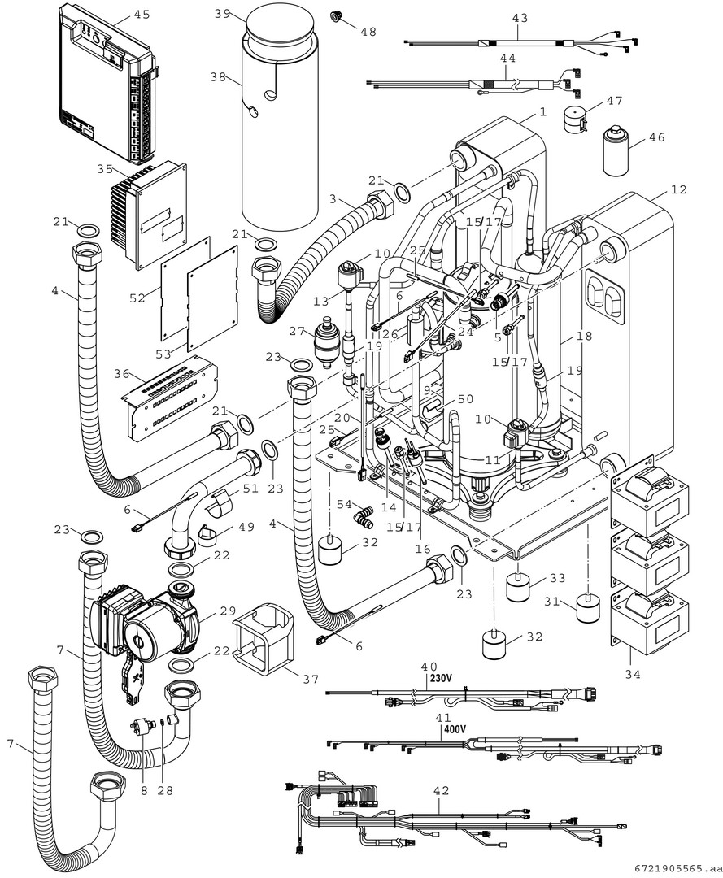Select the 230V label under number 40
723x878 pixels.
pos(441,678)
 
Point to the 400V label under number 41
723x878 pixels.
pos(453,729)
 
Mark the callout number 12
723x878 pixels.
pos(679,190)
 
